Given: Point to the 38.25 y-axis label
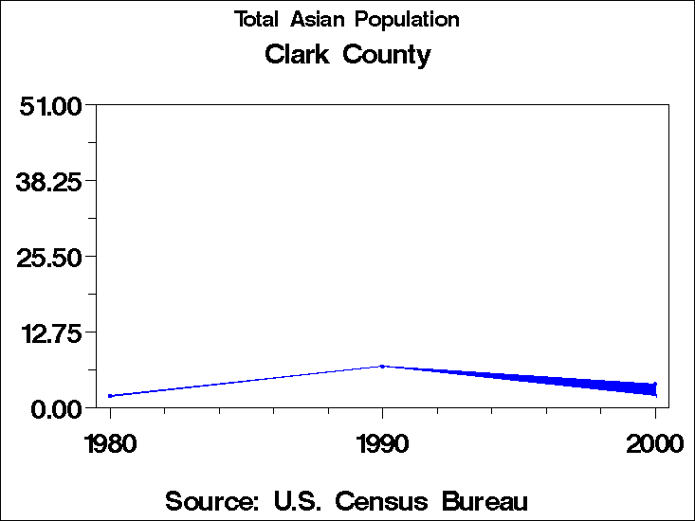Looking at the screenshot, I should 50,180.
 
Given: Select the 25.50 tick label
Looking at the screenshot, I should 50,256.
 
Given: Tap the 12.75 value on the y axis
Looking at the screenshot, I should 50,332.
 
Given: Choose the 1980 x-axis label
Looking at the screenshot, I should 110,443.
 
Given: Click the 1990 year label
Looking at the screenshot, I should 382,443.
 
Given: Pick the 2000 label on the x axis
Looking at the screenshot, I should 654,443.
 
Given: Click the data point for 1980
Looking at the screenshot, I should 110,396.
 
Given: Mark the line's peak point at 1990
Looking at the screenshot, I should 382,366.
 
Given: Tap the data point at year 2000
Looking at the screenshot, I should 654,386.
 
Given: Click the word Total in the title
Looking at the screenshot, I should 256,20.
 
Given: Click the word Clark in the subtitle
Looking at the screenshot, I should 297,54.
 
